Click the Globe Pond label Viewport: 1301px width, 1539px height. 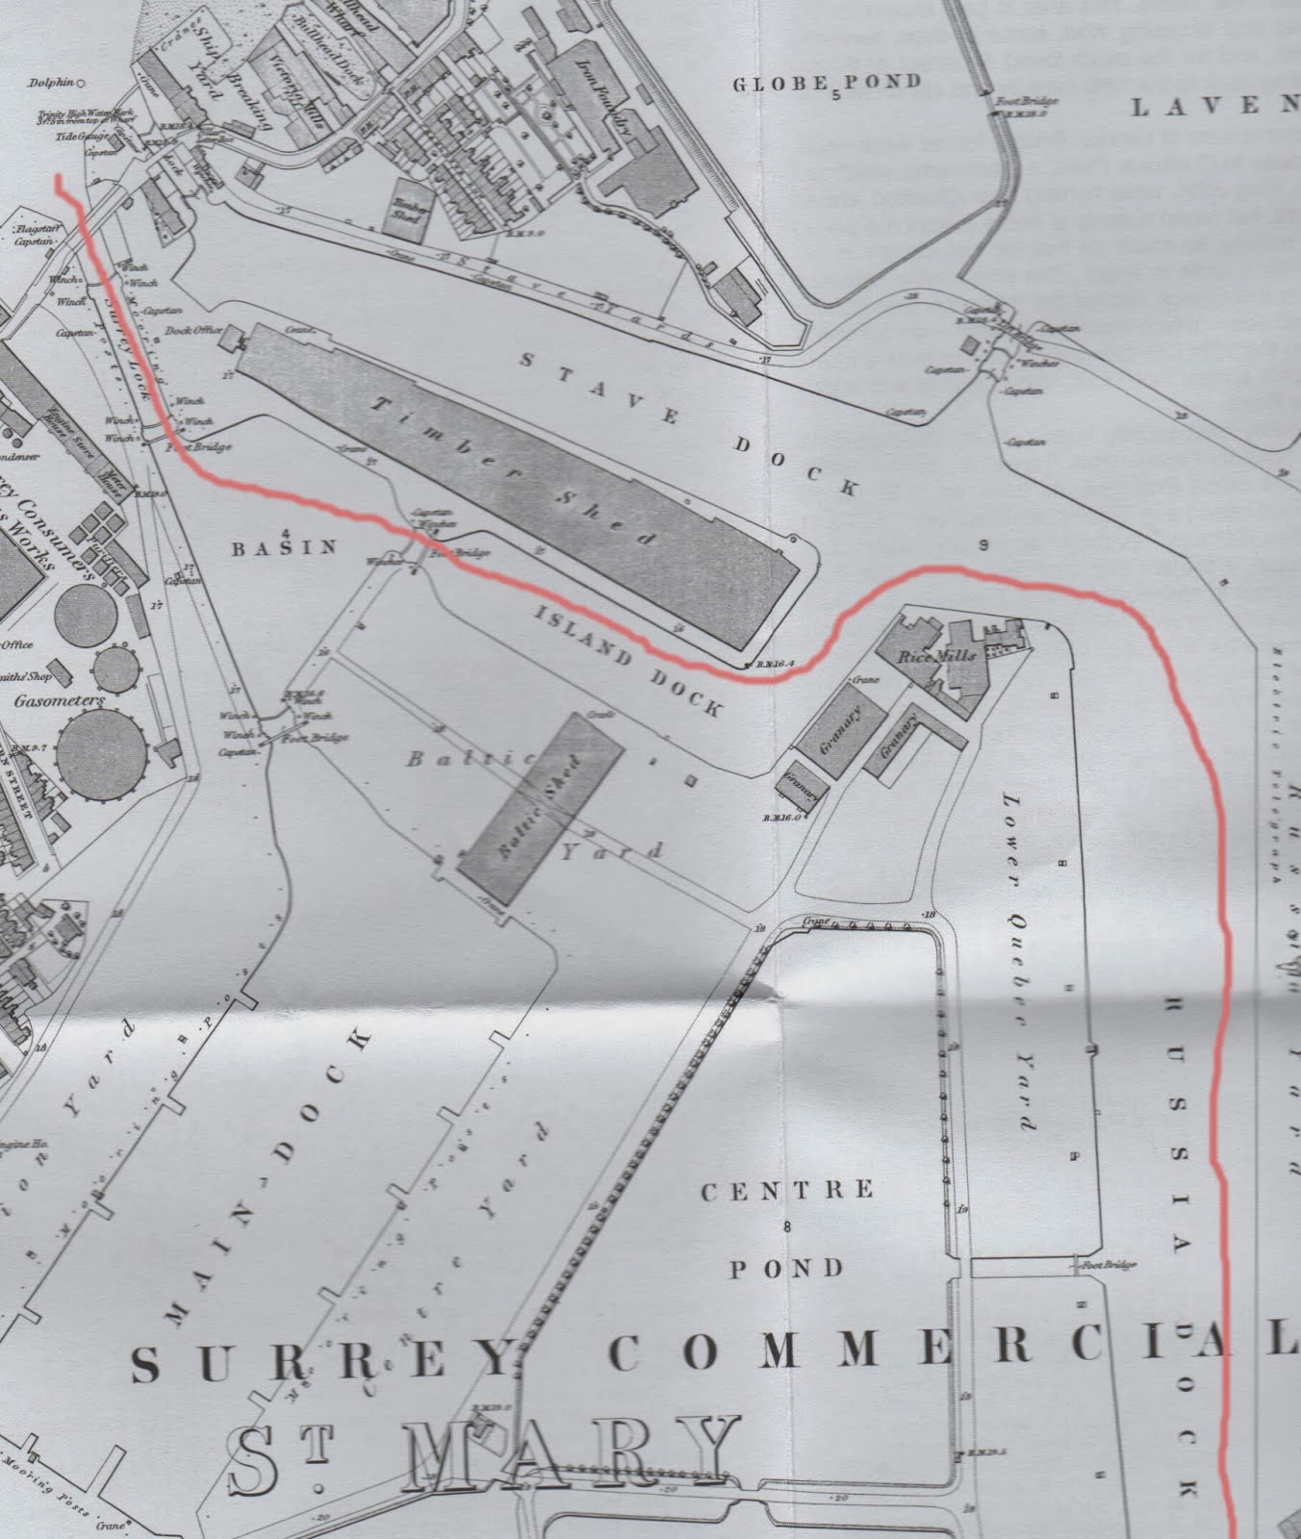coord(827,83)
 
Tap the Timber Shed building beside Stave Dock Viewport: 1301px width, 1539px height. coord(520,481)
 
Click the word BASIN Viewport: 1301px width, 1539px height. coord(285,547)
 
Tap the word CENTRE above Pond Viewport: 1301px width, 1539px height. coord(788,1191)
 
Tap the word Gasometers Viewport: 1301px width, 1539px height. coord(60,701)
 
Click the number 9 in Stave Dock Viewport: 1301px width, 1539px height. coord(982,545)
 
